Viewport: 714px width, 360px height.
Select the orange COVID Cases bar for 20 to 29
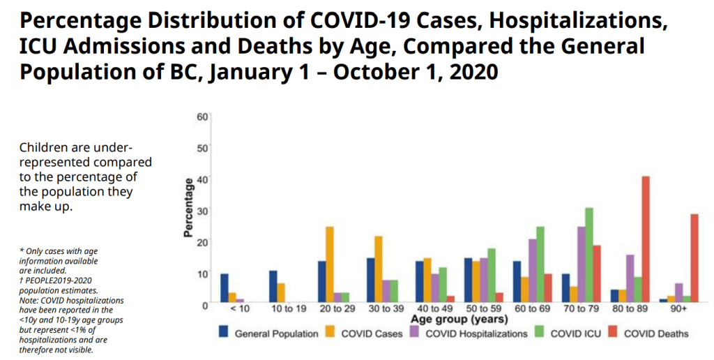[x=329, y=264]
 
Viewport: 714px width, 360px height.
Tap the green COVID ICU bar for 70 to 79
[x=589, y=255]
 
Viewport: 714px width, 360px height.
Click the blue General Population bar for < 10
[x=225, y=287]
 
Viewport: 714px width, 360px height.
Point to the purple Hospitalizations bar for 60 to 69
[x=533, y=270]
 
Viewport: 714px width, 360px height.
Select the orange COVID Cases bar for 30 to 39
[x=378, y=269]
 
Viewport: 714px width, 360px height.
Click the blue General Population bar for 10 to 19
[x=273, y=286]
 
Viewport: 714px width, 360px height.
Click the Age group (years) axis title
[x=453, y=320]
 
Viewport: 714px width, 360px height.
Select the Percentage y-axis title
[x=188, y=208]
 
